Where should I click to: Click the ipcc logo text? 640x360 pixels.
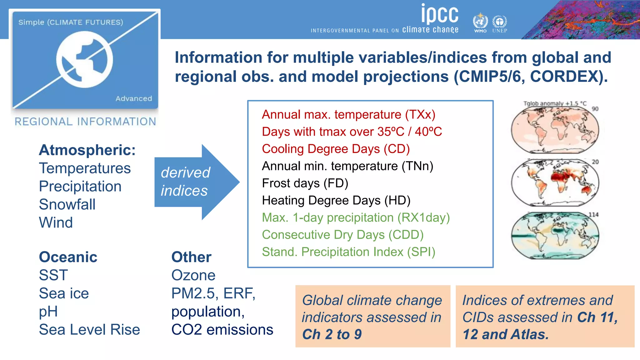[439, 14]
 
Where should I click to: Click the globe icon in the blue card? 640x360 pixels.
[84, 59]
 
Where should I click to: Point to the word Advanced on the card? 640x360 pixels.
[134, 98]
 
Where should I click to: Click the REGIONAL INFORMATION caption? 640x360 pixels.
[85, 122]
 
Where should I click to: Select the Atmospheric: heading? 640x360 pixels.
[87, 150]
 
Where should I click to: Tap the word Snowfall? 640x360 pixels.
[67, 204]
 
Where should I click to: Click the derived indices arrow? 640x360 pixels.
[194, 182]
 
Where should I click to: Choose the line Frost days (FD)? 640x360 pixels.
[305, 183]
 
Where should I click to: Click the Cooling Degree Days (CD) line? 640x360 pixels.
[336, 149]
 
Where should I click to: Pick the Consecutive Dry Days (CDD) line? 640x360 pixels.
[342, 235]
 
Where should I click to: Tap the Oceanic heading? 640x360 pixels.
[68, 257]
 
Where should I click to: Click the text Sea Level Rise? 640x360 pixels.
[89, 330]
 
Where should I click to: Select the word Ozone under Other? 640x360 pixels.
[193, 275]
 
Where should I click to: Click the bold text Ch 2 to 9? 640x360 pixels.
[332, 334]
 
